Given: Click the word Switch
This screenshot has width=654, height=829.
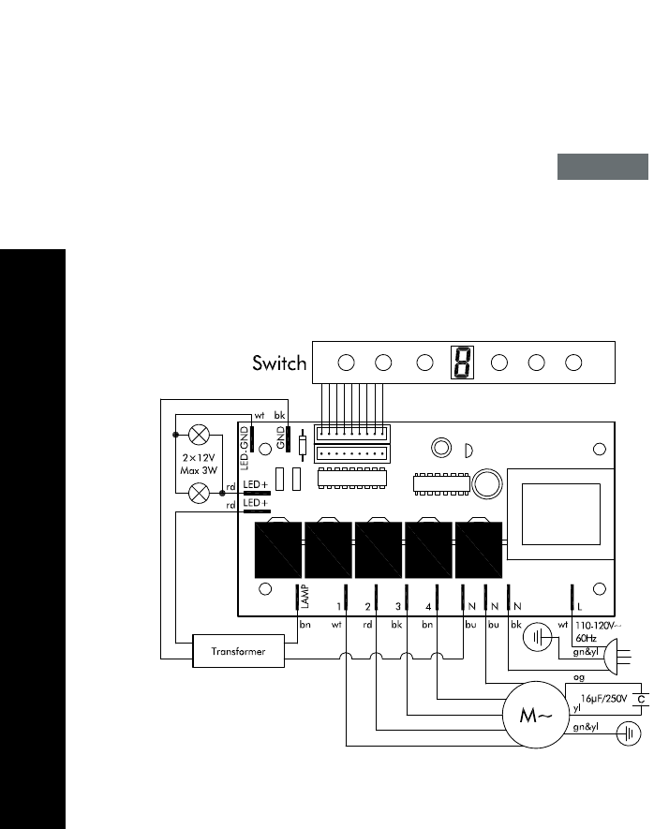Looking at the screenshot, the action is pyautogui.click(x=279, y=363).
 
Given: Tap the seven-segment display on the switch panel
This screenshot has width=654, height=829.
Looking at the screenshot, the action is pyautogui.click(x=461, y=362).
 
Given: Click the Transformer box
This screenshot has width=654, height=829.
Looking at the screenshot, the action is pyautogui.click(x=238, y=651).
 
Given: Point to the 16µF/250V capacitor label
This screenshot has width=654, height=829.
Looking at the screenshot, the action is pyautogui.click(x=607, y=699).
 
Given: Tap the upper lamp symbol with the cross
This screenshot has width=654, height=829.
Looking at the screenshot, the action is pyautogui.click(x=198, y=435).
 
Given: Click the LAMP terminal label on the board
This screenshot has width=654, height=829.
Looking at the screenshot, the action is pyautogui.click(x=305, y=598).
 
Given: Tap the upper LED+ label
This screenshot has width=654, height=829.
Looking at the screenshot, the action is pyautogui.click(x=255, y=485).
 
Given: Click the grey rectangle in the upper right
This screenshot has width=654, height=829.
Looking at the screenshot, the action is pyautogui.click(x=603, y=167).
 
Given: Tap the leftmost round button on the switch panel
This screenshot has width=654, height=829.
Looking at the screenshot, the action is pyautogui.click(x=346, y=363).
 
